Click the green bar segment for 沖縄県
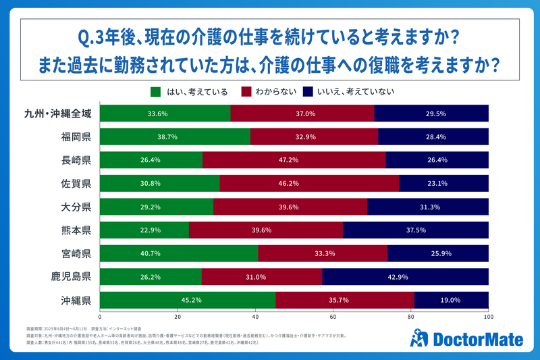(x=188, y=300)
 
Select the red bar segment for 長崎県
(x=294, y=159)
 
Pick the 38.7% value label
(x=175, y=136)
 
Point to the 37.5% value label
(x=416, y=230)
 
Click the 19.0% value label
(x=451, y=300)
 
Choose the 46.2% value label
(x=309, y=183)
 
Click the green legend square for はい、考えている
(x=155, y=91)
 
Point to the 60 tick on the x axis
(x=333, y=316)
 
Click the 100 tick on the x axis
(x=488, y=316)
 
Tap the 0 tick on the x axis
(x=100, y=316)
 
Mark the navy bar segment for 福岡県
(x=433, y=136)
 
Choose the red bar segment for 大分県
(x=290, y=207)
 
